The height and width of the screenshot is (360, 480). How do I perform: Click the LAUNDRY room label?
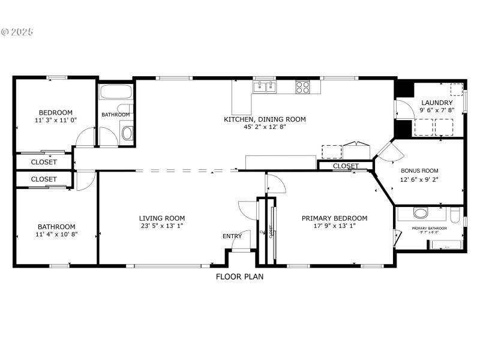point(437,103)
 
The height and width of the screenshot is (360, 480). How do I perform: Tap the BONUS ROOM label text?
point(419,170)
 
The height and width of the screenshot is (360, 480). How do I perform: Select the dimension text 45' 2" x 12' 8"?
point(265,127)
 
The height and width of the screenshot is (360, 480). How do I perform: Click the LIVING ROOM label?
point(162,218)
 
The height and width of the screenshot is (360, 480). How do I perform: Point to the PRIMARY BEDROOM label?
point(334,218)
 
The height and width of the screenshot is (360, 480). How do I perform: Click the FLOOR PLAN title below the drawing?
point(239,277)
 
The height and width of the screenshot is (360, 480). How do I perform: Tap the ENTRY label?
point(232,236)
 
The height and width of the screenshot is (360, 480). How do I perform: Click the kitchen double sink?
point(265,88)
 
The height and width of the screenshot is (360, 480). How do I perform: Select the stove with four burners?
point(302,88)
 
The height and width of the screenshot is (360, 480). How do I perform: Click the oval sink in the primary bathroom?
point(422,213)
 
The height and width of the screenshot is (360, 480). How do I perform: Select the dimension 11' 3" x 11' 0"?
point(56,120)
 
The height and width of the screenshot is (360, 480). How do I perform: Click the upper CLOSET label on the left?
point(44,162)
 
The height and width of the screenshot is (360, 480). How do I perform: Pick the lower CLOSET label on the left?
point(44,179)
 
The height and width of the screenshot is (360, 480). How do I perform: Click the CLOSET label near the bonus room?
point(346,166)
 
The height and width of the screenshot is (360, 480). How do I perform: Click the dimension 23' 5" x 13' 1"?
point(162,226)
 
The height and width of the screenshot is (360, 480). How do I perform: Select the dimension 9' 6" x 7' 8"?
point(437,110)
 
